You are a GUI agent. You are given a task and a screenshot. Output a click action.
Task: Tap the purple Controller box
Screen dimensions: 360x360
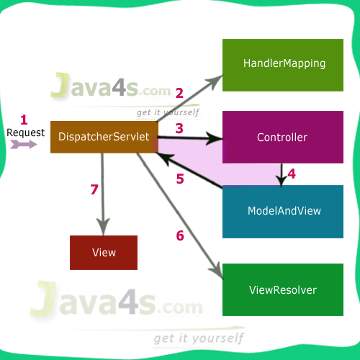pyautogui.click(x=282, y=138)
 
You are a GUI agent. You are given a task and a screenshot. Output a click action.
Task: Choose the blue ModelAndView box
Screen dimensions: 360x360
pyautogui.click(x=283, y=212)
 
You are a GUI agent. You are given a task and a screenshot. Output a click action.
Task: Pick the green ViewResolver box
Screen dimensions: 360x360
pyautogui.click(x=283, y=290)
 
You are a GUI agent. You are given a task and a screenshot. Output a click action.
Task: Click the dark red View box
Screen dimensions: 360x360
pyautogui.click(x=104, y=253)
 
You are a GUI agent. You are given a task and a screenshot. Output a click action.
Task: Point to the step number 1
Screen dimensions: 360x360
pyautogui.click(x=23, y=120)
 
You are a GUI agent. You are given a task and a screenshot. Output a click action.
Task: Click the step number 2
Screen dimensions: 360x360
pyautogui.click(x=179, y=93)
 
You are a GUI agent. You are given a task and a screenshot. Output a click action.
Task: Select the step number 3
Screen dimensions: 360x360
pyautogui.click(x=179, y=127)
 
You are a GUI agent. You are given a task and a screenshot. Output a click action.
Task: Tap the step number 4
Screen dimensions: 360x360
pyautogui.click(x=291, y=174)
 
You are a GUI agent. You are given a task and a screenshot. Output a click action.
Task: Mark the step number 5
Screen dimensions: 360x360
pyautogui.click(x=180, y=179)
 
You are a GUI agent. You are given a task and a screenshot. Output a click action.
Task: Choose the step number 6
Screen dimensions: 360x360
pyautogui.click(x=180, y=235)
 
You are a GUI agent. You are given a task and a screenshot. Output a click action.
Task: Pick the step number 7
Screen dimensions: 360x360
pyautogui.click(x=94, y=189)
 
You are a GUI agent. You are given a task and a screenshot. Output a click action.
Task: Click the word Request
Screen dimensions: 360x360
pyautogui.click(x=26, y=132)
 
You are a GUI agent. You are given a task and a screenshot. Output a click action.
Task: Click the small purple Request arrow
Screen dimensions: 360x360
pyautogui.click(x=24, y=144)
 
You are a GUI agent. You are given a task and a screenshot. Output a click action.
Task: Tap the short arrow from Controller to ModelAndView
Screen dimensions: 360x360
pyautogui.click(x=280, y=174)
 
